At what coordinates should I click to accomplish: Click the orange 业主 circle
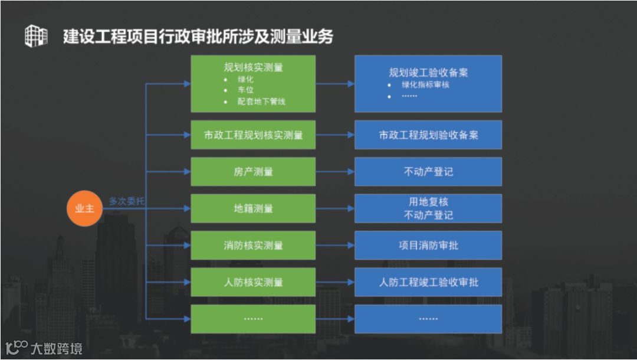[x=84, y=209]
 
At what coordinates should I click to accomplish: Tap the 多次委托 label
[x=126, y=201]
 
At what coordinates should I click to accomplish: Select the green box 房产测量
[x=253, y=172]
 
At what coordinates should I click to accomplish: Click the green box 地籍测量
[x=253, y=208]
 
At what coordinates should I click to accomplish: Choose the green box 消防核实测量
[x=253, y=246]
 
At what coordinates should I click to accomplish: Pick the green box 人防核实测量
[x=253, y=282]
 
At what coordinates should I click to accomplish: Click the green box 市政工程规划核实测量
[x=253, y=135]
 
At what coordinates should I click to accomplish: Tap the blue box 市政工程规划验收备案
[x=428, y=135]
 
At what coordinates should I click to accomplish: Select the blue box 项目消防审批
[x=428, y=246]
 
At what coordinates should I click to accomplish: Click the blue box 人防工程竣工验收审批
[x=428, y=282]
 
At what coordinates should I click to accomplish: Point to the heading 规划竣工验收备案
[x=428, y=73]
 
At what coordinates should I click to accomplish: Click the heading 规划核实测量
[x=253, y=67]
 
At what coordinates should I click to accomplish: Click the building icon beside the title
[x=36, y=36]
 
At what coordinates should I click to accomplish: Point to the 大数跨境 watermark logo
[x=44, y=348]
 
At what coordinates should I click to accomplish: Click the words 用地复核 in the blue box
[x=428, y=202]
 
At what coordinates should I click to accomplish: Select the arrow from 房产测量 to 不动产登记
[x=334, y=172]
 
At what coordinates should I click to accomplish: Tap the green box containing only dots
[x=253, y=319]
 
